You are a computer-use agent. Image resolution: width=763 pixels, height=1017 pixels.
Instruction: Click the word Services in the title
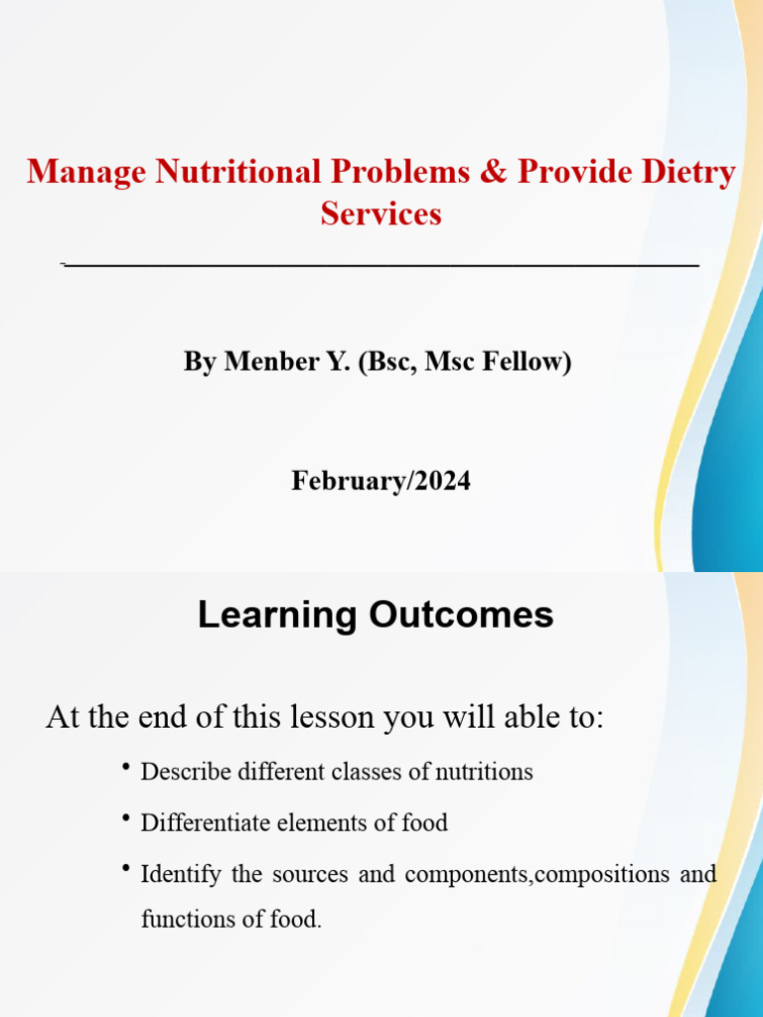pos(381,214)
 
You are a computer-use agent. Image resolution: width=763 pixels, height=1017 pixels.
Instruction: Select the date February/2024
pos(381,482)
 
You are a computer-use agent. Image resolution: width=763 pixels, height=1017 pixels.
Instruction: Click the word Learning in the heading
pos(277,616)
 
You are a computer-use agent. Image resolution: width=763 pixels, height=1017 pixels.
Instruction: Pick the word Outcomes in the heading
pos(461,616)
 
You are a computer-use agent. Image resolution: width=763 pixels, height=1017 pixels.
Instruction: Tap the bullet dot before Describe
pos(127,767)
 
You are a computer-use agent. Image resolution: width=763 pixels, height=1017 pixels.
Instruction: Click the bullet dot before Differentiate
pos(127,817)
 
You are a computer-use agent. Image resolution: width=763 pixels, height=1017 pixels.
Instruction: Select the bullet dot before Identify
pos(127,870)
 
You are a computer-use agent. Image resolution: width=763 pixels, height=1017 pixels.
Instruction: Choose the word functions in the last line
pos(184,920)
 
